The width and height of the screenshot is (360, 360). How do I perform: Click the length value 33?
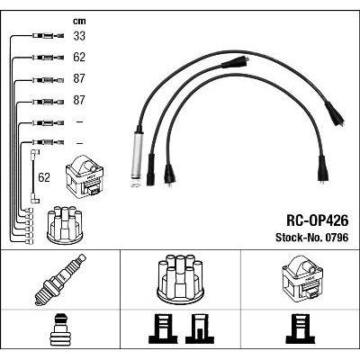(x=79, y=36)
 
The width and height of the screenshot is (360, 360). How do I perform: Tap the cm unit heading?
(x=79, y=21)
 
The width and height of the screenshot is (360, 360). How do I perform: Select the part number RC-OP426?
(x=318, y=221)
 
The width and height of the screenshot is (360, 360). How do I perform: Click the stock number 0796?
(x=336, y=238)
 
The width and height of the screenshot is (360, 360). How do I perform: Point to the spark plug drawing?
(x=60, y=280)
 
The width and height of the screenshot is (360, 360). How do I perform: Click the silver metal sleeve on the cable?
(x=138, y=158)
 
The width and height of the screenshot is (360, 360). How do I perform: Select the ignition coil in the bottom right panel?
(x=302, y=280)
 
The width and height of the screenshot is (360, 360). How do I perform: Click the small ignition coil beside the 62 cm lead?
(x=85, y=175)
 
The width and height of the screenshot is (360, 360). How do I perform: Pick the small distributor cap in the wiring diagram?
(x=65, y=225)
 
